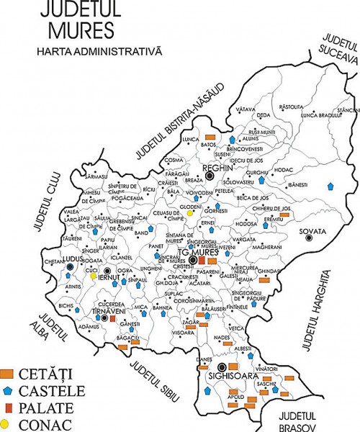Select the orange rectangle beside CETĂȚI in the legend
(9, 373)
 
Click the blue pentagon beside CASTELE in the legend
(9, 391)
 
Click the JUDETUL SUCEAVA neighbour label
(339, 50)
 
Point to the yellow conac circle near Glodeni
(190, 213)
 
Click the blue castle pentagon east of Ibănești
(330, 186)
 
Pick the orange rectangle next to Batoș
(211, 137)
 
